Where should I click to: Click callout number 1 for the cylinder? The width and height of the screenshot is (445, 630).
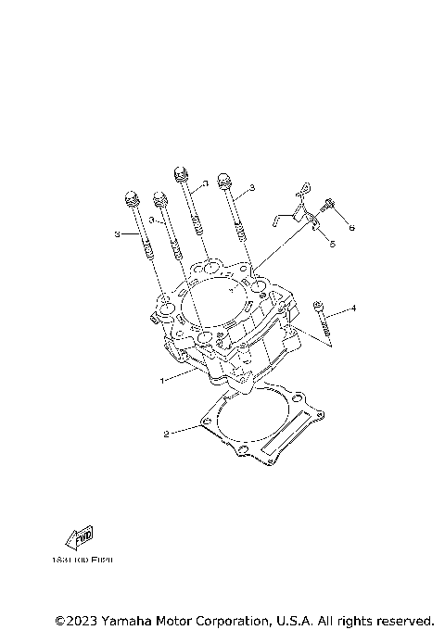(163, 379)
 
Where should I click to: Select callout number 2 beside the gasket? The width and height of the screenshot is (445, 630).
(166, 433)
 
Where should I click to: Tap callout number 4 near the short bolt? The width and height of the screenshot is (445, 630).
(352, 307)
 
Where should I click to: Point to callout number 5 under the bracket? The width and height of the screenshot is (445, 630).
(333, 244)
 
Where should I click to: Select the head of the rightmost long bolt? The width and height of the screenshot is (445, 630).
(222, 179)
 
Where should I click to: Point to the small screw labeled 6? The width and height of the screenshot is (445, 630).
(328, 206)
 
